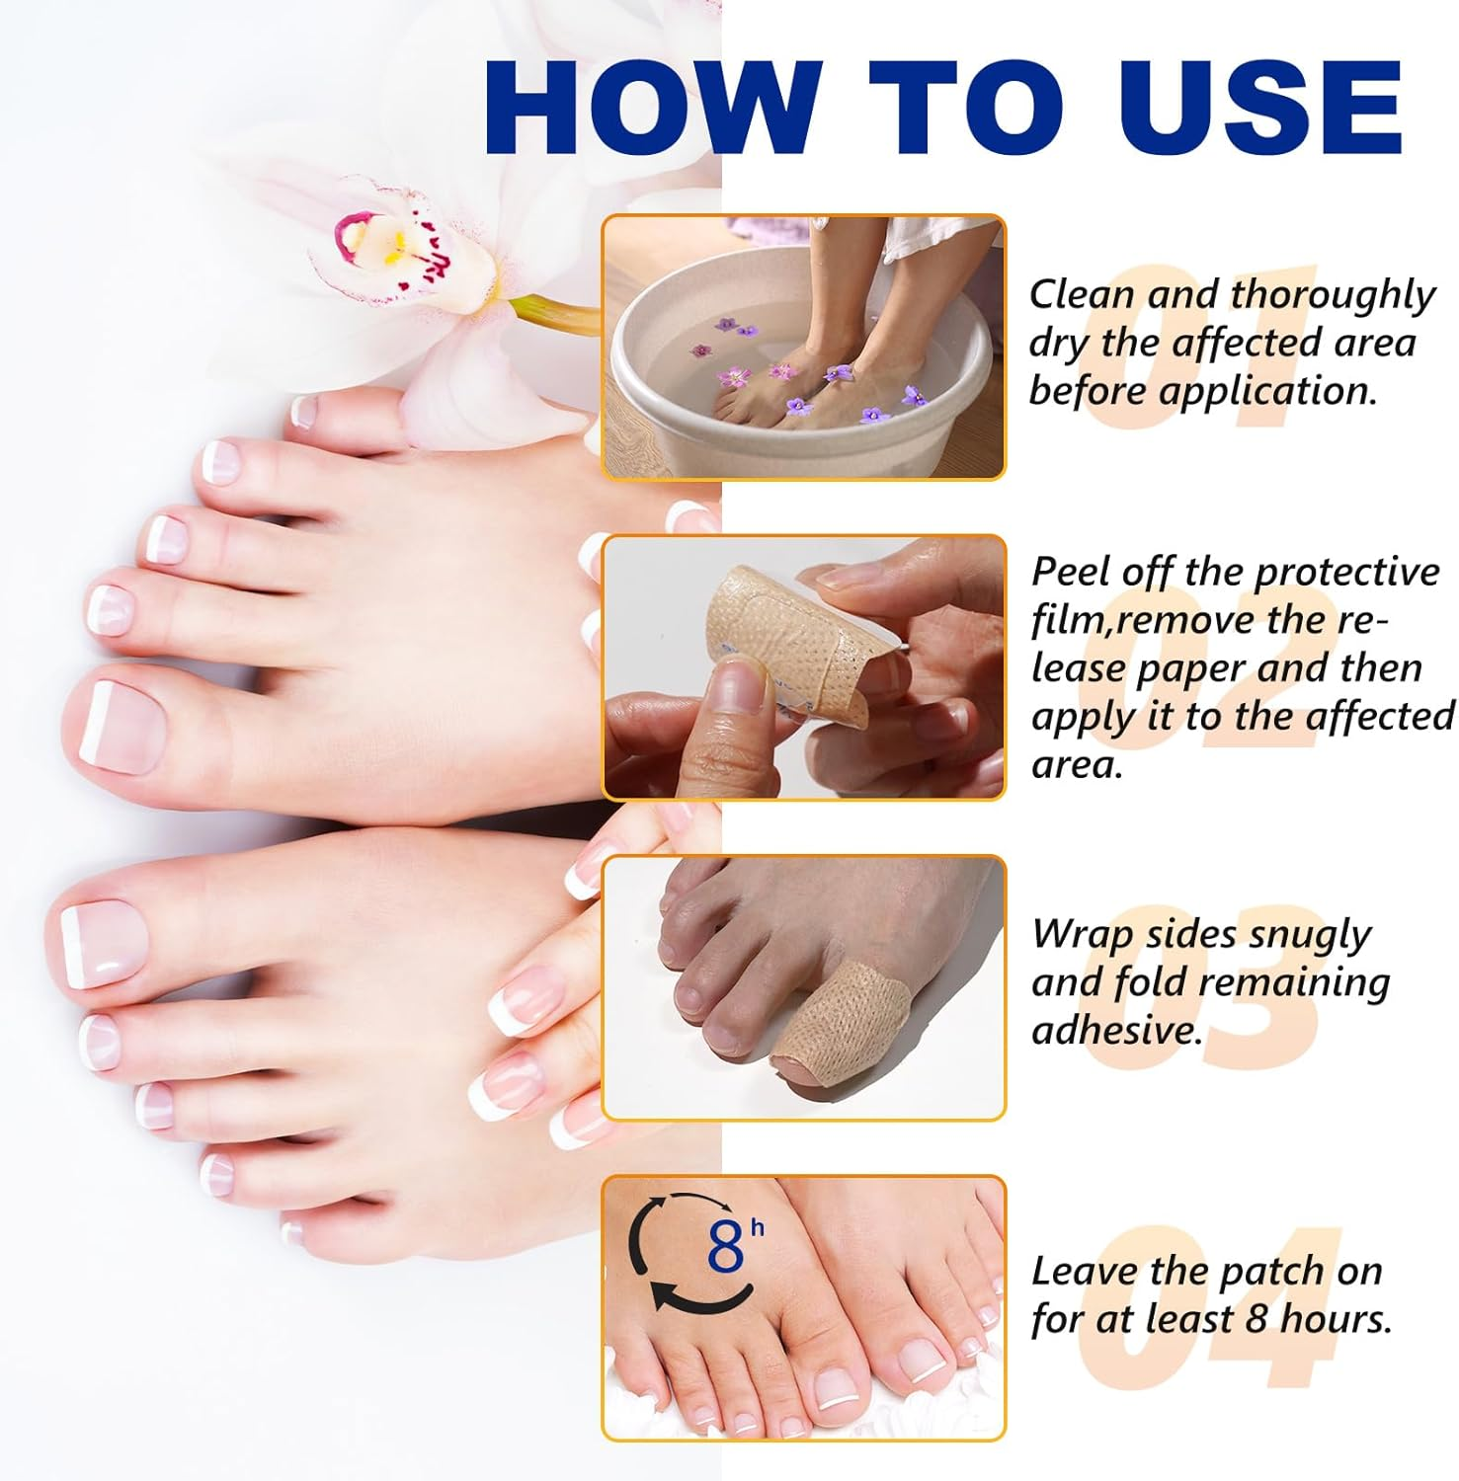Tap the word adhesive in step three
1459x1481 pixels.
(1116, 1031)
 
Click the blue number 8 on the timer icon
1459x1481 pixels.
(725, 1248)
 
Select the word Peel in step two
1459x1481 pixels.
(1068, 573)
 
